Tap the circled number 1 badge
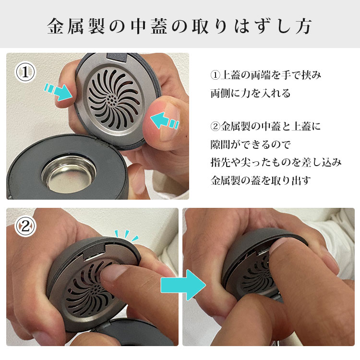25,72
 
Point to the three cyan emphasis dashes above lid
126,235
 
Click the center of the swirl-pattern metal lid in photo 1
111,100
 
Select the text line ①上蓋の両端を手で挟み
265,75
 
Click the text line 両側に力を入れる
250,93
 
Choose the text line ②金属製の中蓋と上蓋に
265,127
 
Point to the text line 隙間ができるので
250,144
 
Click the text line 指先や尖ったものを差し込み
276,162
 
